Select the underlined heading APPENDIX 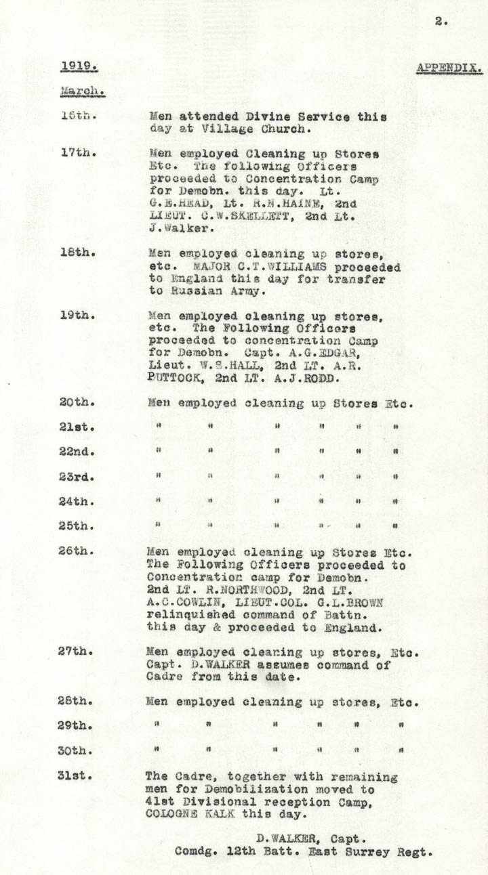click(449, 68)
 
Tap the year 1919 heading click(79, 66)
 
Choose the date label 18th click(77, 253)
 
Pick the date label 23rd click(76, 477)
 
